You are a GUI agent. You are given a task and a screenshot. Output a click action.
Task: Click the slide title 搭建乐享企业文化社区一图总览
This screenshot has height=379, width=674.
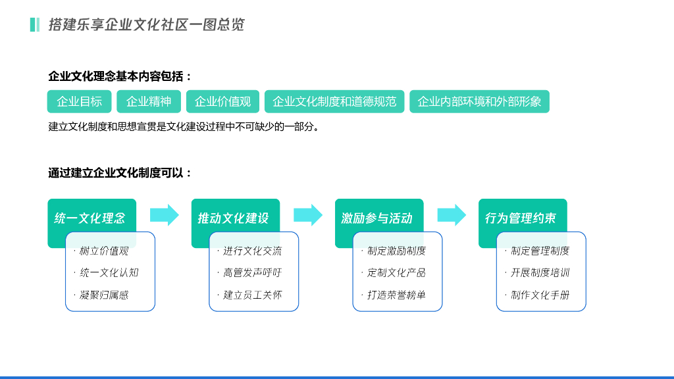(146, 25)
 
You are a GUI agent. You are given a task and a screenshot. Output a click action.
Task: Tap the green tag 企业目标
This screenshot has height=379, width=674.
(79, 101)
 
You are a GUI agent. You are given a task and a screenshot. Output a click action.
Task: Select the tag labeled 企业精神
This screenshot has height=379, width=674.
(148, 101)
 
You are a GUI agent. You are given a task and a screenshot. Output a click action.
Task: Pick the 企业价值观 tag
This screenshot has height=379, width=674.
(222, 101)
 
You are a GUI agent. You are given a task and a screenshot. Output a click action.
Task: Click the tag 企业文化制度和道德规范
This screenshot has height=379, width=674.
(334, 101)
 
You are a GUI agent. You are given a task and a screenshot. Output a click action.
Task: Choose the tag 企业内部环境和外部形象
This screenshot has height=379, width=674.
(479, 101)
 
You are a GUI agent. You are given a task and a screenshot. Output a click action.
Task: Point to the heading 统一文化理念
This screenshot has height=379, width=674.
(90, 218)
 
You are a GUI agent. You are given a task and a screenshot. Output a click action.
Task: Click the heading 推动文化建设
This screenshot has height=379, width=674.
(233, 218)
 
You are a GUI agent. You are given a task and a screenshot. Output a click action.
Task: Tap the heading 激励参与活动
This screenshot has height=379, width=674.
(376, 218)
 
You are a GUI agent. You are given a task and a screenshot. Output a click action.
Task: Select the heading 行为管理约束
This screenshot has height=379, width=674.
(520, 218)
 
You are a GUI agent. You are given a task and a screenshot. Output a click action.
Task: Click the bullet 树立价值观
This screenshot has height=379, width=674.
(104, 251)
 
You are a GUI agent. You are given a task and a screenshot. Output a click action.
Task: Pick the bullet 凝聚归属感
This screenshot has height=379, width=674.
(104, 295)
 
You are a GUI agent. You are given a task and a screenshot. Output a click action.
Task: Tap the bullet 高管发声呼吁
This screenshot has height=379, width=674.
(252, 272)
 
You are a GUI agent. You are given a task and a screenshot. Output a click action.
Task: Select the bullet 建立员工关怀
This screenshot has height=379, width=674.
(252, 295)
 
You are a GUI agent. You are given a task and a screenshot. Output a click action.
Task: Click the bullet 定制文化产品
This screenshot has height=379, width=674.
(396, 272)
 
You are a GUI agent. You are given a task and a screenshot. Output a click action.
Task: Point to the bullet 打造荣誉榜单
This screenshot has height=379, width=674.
(396, 295)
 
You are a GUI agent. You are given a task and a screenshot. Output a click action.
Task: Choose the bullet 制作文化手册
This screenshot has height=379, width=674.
(540, 295)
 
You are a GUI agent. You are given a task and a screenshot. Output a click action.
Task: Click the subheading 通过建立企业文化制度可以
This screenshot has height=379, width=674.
(120, 173)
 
